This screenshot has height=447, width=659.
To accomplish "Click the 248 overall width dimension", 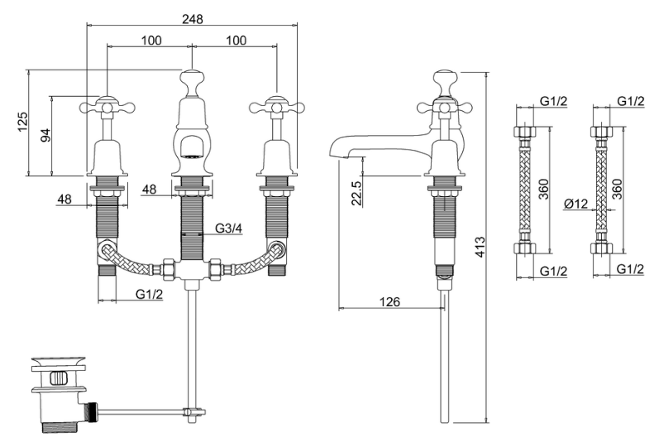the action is click(192, 19).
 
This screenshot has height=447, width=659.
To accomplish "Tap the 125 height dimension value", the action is click(22, 121).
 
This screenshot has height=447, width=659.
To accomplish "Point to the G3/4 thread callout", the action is click(229, 228).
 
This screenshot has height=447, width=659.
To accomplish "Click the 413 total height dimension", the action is click(480, 247).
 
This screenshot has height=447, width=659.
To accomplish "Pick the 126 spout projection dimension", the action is click(389, 301).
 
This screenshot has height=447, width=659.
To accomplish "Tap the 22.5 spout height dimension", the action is click(356, 193).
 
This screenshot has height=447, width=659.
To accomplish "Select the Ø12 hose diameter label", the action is click(576, 204).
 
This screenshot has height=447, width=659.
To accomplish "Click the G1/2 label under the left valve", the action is click(149, 294).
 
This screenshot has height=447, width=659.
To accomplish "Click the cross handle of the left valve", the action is click(107, 107).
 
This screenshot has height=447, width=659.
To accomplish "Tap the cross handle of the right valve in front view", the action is click(276, 107).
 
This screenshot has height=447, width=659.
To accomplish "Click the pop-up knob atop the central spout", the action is click(192, 79).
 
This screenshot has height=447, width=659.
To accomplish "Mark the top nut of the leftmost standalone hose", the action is click(524, 131).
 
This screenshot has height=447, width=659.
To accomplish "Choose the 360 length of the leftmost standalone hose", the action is click(544, 190).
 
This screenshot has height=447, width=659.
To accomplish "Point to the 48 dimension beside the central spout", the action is click(149, 189).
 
